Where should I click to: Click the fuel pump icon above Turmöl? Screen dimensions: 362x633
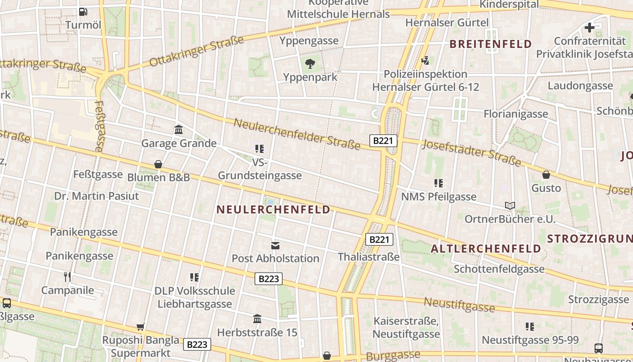click(83, 12)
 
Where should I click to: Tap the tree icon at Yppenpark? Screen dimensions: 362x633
click(310, 63)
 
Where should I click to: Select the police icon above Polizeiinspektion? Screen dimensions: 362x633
click(425, 60)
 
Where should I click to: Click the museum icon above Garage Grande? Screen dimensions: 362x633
click(179, 130)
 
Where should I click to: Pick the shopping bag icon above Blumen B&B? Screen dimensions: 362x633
click(158, 164)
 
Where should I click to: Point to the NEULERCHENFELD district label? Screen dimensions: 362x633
click(274, 210)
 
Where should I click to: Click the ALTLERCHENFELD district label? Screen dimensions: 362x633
click(486, 249)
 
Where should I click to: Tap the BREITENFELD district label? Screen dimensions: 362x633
click(491, 44)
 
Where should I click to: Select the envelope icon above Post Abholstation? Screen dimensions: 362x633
click(275, 245)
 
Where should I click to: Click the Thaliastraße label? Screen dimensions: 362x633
click(368, 257)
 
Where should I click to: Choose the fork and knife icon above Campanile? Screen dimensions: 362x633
click(67, 276)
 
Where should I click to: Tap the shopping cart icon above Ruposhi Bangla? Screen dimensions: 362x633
click(140, 326)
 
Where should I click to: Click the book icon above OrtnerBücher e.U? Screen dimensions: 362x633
click(510, 206)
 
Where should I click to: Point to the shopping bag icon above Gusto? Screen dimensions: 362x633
click(546, 175)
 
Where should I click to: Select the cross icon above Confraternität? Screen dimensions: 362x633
click(590, 28)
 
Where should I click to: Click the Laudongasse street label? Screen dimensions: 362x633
click(580, 86)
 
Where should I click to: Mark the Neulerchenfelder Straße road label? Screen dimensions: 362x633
click(297, 133)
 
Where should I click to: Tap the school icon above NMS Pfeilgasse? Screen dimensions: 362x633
click(438, 183)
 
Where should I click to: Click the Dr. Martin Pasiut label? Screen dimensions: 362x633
click(97, 196)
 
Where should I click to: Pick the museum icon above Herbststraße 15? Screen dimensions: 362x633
click(257, 319)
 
